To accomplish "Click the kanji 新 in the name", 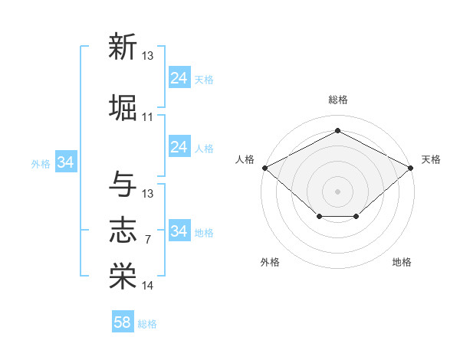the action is pyautogui.click(x=123, y=46).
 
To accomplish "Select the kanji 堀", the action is pyautogui.click(x=123, y=107).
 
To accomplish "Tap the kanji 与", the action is pyautogui.click(x=123, y=184).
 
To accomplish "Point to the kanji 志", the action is pyautogui.click(x=123, y=230).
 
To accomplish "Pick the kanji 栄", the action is pyautogui.click(x=123, y=276).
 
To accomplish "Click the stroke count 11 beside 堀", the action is pyautogui.click(x=147, y=117).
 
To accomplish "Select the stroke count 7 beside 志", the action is pyautogui.click(x=148, y=240).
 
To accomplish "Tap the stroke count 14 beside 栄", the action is pyautogui.click(x=147, y=285).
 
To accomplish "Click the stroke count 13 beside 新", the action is pyautogui.click(x=147, y=55).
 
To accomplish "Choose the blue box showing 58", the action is pyautogui.click(x=123, y=321).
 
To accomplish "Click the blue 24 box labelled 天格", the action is pyautogui.click(x=180, y=77).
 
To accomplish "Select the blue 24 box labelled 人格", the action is pyautogui.click(x=180, y=146).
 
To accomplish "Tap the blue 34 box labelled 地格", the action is pyautogui.click(x=180, y=230).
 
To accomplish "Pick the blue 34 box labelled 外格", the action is pyautogui.click(x=66, y=162).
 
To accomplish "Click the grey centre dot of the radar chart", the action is pyautogui.click(x=337, y=191).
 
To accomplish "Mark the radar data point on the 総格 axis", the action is pyautogui.click(x=337, y=130).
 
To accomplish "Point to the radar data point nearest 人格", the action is pyautogui.click(x=265, y=168).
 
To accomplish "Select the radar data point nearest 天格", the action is pyautogui.click(x=411, y=168).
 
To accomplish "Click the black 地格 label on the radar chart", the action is pyautogui.click(x=402, y=262).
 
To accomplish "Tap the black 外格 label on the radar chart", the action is pyautogui.click(x=270, y=262).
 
